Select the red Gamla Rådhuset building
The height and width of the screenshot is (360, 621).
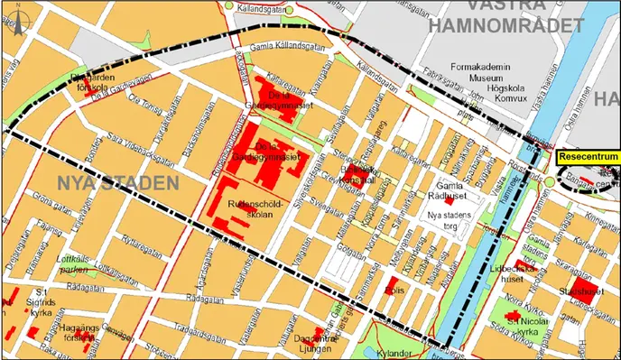coord(461,175)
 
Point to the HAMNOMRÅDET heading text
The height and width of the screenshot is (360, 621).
coord(505,24)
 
